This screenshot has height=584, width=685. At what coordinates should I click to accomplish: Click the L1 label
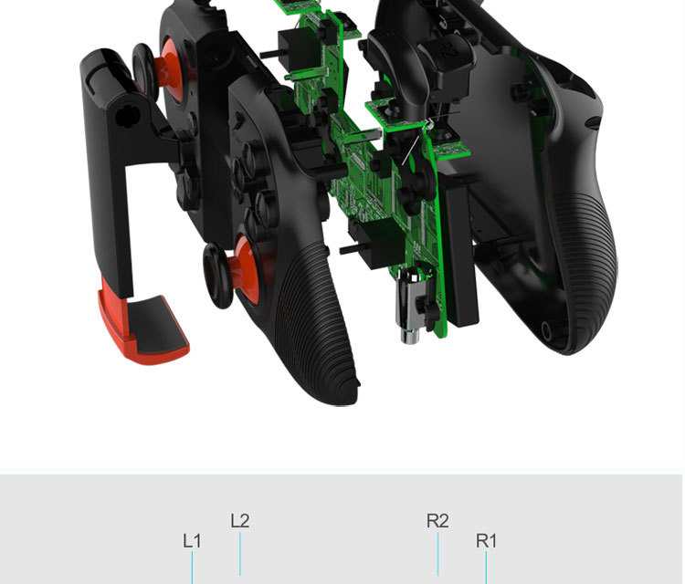tap(192, 540)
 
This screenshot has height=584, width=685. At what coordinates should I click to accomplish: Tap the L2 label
tap(239, 521)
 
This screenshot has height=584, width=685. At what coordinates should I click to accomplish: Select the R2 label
tap(437, 521)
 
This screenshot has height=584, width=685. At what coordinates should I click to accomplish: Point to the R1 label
tap(486, 540)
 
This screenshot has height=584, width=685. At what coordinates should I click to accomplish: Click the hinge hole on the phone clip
tap(125, 116)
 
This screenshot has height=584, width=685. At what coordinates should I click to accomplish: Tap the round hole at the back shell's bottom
tap(547, 329)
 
